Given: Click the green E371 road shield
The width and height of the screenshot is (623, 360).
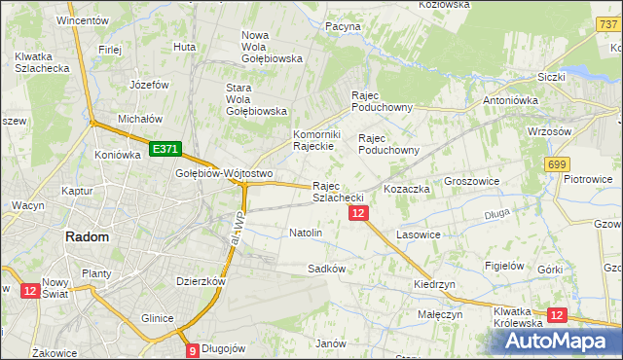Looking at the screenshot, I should pos(164,149).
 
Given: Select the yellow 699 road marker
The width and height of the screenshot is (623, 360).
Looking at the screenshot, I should pos(557,165).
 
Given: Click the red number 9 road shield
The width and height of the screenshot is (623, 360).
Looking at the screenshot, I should pos(193,350).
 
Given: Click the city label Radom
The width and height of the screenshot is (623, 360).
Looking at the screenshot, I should pos(87,236).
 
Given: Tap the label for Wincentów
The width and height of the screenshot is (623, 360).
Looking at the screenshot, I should pos(82,19).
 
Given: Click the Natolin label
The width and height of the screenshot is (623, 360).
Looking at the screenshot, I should pos(306,234).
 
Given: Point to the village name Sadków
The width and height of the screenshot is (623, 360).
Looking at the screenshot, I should pos(327,268).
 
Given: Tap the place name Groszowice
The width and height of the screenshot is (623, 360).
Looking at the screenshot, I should pos(471,181).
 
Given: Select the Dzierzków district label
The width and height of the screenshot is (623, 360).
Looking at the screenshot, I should pos(202,280).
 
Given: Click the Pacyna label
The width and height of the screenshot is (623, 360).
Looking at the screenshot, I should pos(344,27).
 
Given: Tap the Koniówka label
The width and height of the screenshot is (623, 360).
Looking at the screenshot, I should pos(118,155).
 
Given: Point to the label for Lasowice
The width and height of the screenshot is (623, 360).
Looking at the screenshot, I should pos(419,235).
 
